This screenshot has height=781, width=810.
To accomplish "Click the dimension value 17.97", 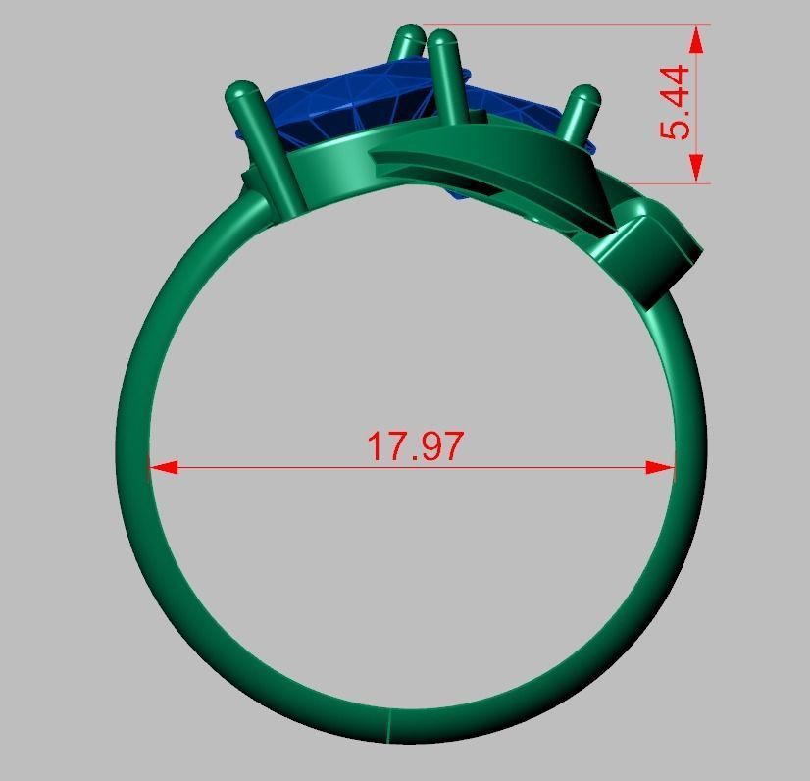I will (414, 445).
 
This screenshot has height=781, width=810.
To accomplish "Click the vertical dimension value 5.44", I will (676, 102).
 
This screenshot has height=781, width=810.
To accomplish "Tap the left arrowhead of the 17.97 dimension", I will (162, 468).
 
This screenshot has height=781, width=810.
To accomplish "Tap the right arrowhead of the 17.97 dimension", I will (662, 468).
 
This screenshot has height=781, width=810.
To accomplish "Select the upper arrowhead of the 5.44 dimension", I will (696, 39).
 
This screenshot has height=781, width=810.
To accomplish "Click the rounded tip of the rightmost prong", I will (583, 97).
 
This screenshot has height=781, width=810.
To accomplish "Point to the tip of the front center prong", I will (443, 42).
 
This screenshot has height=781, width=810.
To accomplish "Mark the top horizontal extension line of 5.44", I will (559, 25).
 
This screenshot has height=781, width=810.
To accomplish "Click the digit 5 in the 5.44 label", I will (676, 129).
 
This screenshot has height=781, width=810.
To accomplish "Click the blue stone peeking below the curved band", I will (458, 194).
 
